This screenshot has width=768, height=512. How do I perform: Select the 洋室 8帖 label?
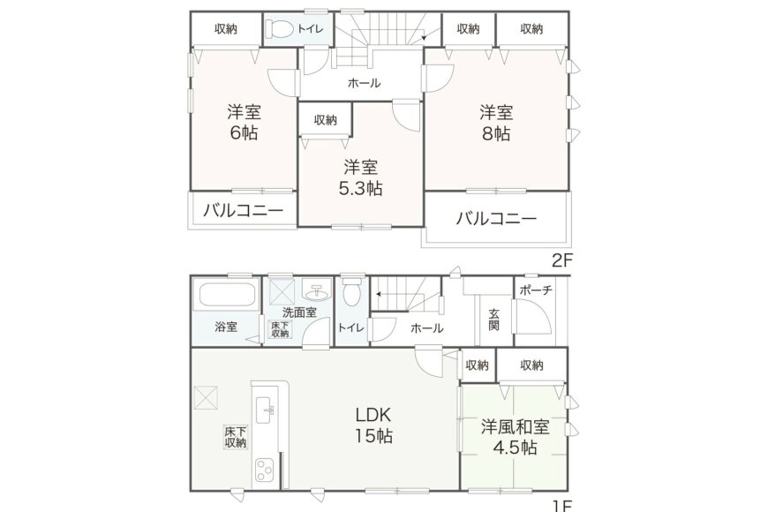pyautogui.click(x=496, y=124)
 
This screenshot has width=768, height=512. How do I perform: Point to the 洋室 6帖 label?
pyautogui.click(x=244, y=124)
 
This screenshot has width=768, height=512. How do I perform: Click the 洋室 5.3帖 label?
pyautogui.click(x=362, y=177)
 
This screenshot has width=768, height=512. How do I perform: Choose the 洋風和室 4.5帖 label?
pyautogui.click(x=516, y=438)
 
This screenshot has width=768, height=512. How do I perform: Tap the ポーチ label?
pyautogui.click(x=535, y=290)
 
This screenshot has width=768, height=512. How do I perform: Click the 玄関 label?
pyautogui.click(x=493, y=318)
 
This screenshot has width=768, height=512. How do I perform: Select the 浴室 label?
pyautogui.click(x=226, y=327)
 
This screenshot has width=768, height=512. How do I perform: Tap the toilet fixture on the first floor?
pyautogui.click(x=350, y=291)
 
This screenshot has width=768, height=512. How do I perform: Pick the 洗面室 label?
pyautogui.click(x=299, y=312)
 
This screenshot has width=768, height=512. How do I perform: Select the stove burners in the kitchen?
pyautogui.click(x=266, y=469)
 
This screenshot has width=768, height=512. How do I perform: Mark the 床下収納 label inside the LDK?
pyautogui.click(x=235, y=437)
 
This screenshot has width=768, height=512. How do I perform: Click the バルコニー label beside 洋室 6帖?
pyautogui.click(x=243, y=211)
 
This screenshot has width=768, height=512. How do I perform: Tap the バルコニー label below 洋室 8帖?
pyautogui.click(x=495, y=219)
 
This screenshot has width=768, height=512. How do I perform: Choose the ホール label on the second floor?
pyautogui.click(x=364, y=84)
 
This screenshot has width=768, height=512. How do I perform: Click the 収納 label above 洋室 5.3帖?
pyautogui.click(x=325, y=120)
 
